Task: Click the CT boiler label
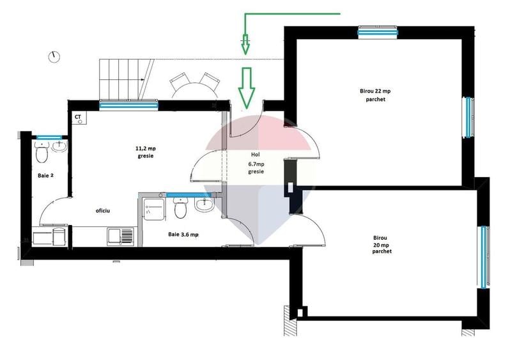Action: pyautogui.click(x=78, y=117)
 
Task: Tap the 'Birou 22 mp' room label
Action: pyautogui.click(x=375, y=91)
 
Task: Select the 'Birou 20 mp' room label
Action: pyautogui.click(x=382, y=244)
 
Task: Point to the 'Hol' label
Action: pyautogui.click(x=256, y=155)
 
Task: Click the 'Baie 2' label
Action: pyautogui.click(x=45, y=176)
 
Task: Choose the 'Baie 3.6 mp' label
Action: pyautogui.click(x=183, y=235)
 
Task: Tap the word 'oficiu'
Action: pyautogui.click(x=103, y=210)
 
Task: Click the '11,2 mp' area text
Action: pyautogui.click(x=146, y=148)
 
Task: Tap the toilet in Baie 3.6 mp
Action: pyautogui.click(x=181, y=208)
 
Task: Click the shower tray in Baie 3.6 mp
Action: pyautogui.click(x=154, y=210)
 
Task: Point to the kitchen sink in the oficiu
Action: pyautogui.click(x=120, y=237)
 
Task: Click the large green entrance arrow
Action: pyautogui.click(x=247, y=88)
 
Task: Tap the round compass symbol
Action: pyautogui.click(x=54, y=57)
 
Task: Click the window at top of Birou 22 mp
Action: pyautogui.click(x=378, y=33)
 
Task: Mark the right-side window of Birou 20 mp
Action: pyautogui.click(x=484, y=257)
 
